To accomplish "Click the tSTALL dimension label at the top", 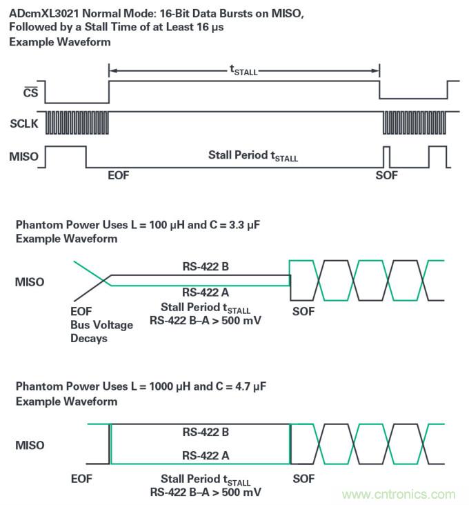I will pos(243,70).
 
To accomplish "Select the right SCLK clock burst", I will pos(415,122).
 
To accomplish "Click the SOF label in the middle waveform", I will pos(303,311).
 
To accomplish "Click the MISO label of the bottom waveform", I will pos(30,445).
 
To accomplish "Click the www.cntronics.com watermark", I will pos(399,494).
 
